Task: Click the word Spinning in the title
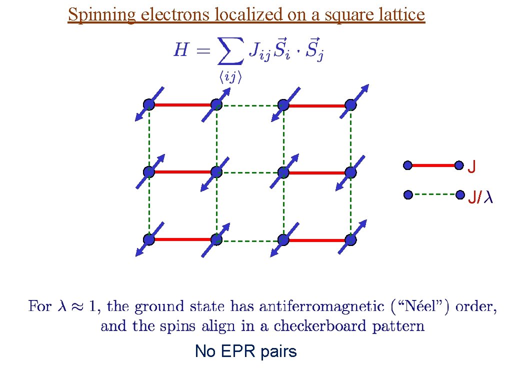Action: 102,15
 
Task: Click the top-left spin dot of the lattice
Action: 149,104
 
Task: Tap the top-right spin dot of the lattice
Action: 351,105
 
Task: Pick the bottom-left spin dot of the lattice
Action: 149,239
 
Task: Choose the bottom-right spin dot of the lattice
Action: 351,240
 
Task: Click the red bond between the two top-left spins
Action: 182,105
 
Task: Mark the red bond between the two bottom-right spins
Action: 317,240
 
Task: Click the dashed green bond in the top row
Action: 249,105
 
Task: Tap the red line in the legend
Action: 433,165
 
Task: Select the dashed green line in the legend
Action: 433,194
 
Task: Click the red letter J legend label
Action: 471,166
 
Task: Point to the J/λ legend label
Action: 480,198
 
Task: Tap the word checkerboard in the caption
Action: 316,326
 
